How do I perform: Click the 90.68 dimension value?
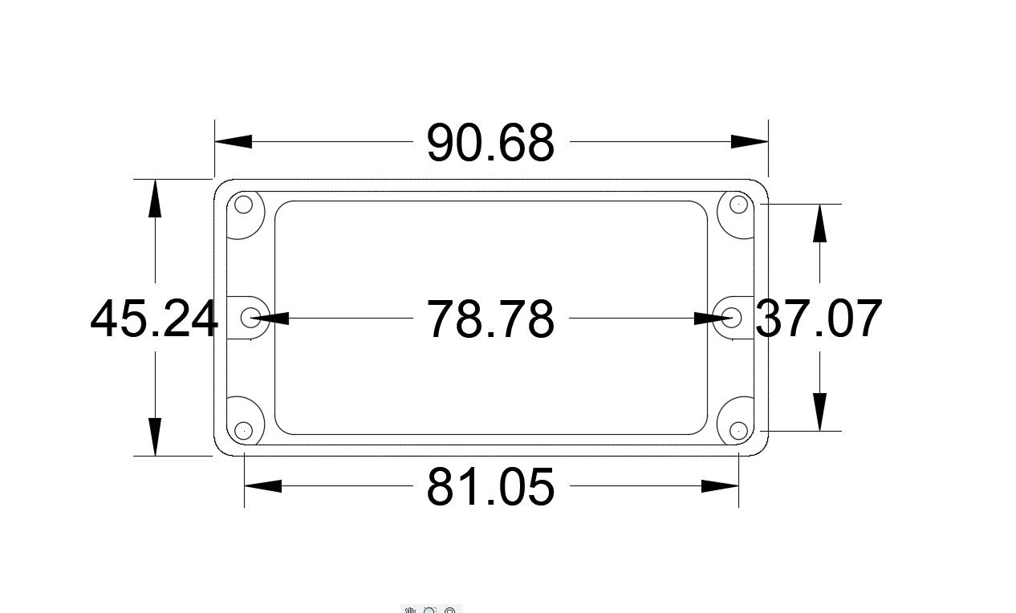490,143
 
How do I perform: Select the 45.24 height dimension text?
154,319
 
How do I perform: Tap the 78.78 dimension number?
490,319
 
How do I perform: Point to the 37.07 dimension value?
819,319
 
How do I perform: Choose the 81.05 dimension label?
490,487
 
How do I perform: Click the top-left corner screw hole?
243,205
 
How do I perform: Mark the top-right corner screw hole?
738,205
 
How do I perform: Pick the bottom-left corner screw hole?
243,431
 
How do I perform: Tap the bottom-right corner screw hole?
738,431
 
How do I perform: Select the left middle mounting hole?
254,317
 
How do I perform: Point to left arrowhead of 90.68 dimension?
234,141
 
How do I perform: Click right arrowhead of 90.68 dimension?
750,141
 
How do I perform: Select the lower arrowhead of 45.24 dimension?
155,437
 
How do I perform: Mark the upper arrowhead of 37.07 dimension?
819,223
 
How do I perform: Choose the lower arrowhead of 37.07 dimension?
819,412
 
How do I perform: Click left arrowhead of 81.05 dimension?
262,485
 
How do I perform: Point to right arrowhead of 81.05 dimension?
720,485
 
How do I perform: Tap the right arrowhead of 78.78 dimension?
713,319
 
